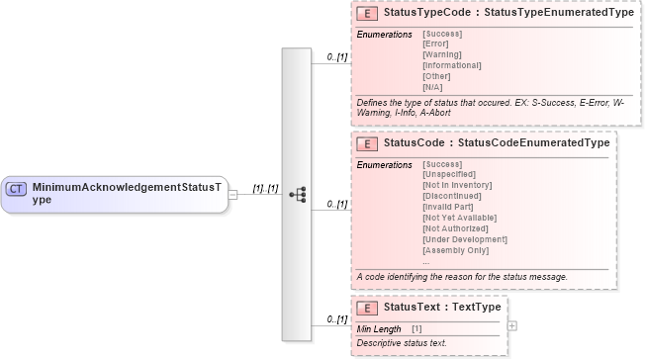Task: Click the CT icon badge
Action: point(16,188)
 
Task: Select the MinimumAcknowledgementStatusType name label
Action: point(127,192)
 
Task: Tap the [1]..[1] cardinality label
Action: point(266,187)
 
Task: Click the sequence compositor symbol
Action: point(296,195)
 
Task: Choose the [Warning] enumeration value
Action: point(442,54)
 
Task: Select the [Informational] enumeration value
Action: point(451,65)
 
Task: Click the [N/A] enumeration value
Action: point(433,86)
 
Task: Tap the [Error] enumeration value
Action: point(436,45)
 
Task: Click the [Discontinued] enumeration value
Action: point(453,195)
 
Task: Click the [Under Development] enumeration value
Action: point(464,238)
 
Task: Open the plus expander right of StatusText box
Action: point(511,324)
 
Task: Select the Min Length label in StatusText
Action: point(379,328)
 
